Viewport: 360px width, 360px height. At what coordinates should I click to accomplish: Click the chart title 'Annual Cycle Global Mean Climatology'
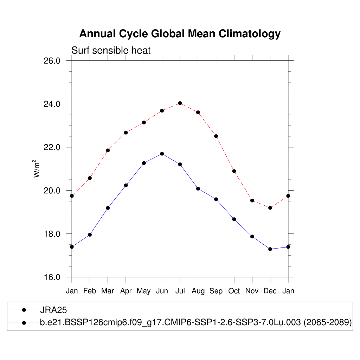pos(180,34)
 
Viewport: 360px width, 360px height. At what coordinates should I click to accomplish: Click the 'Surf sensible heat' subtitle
pos(111,51)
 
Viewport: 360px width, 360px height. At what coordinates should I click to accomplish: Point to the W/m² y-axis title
pos(36,169)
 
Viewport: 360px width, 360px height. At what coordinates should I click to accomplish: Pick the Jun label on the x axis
pos(162,291)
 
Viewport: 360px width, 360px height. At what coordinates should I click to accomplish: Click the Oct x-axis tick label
pos(234,291)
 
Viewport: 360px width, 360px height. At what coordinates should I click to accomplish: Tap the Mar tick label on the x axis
pos(108,291)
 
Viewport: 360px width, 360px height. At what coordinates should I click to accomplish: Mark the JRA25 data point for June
pos(162,154)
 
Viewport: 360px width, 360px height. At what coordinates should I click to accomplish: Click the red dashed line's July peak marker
pos(180,103)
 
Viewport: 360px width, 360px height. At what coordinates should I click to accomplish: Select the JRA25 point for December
pos(270,249)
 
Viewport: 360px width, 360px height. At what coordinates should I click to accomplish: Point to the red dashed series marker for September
pos(216,136)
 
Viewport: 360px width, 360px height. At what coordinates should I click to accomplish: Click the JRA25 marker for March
pos(108,208)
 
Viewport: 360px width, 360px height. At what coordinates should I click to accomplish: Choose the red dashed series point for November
pos(252,200)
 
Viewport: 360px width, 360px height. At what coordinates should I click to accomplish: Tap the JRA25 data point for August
pos(198,188)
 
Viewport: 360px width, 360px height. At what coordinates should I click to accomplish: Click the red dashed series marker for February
pos(90,178)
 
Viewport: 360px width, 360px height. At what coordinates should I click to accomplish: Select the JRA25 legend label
pos(53,310)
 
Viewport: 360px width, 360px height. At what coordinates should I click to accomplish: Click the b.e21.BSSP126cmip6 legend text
pos(196,322)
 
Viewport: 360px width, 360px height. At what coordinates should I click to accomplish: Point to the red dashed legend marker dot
pos(24,322)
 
